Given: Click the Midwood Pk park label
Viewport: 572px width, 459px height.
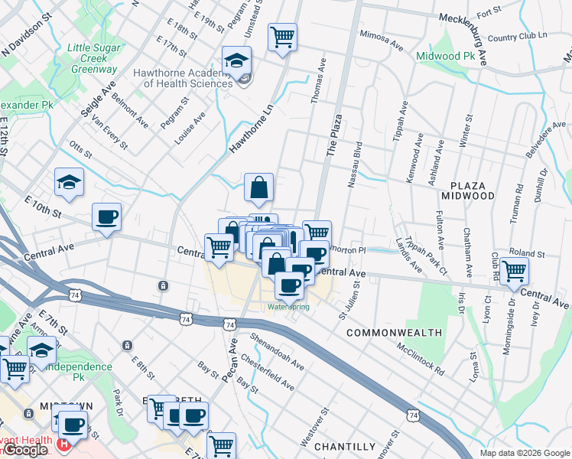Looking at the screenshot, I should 449,57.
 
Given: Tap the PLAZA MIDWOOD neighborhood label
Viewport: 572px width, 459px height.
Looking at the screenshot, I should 484,190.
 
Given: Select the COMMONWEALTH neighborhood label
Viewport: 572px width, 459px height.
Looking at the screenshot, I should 394,333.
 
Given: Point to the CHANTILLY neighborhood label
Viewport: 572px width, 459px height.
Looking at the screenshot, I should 344,446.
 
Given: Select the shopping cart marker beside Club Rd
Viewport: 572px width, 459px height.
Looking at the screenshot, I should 515,269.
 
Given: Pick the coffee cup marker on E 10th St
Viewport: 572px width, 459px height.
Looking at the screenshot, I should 106,216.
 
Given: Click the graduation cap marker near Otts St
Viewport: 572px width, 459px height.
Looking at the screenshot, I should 69,182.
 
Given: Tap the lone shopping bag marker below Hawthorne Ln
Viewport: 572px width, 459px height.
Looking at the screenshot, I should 259,187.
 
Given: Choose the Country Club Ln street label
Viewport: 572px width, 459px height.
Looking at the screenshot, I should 517,37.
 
